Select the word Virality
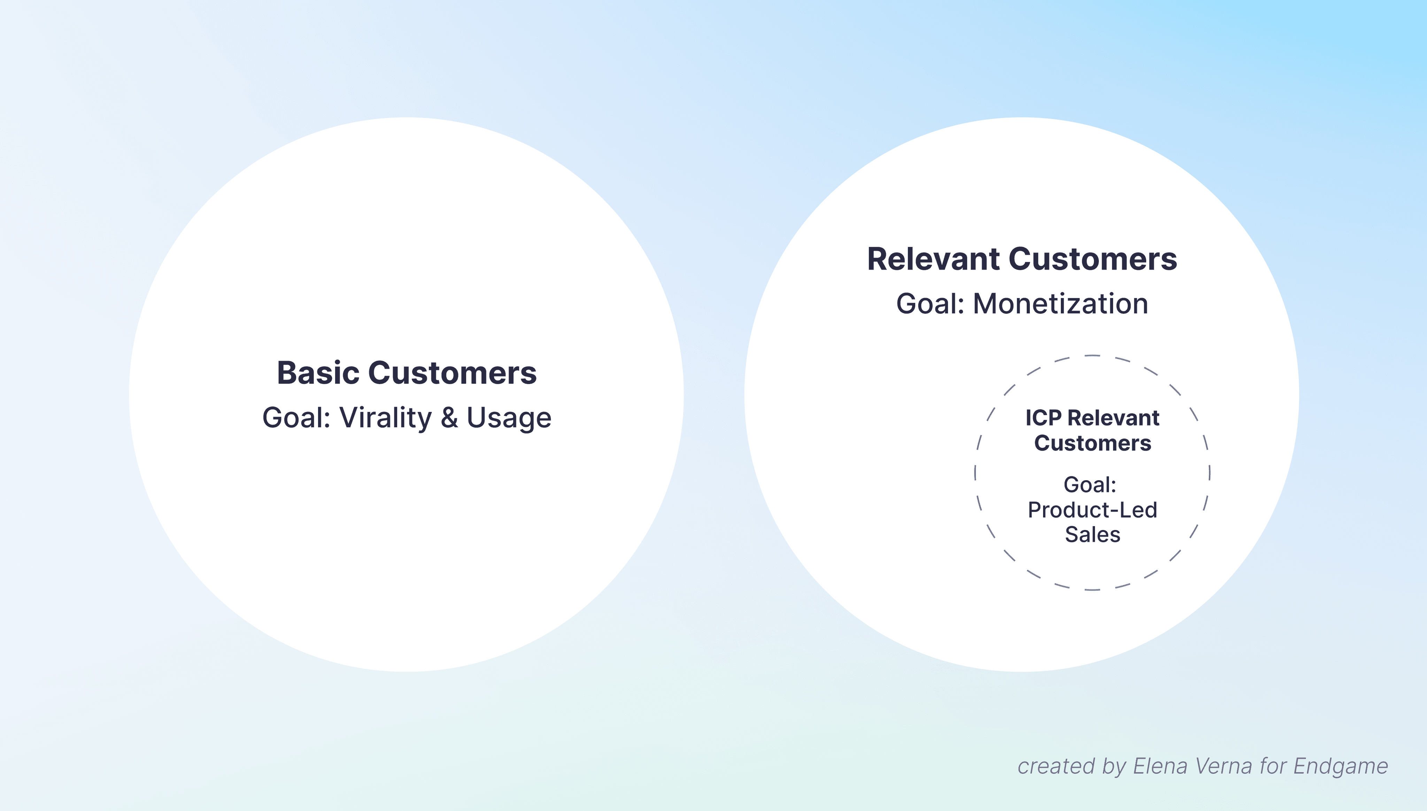coord(386,418)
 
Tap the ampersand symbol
coord(449,418)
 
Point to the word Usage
coord(509,418)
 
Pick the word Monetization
coord(1060,304)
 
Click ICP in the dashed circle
coord(1043,418)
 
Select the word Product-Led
coord(1092,510)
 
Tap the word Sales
coord(1092,535)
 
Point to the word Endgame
coord(1340,766)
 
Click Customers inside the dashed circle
coord(1092,443)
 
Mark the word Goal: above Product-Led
coord(1090,485)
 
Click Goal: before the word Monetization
coord(930,304)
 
